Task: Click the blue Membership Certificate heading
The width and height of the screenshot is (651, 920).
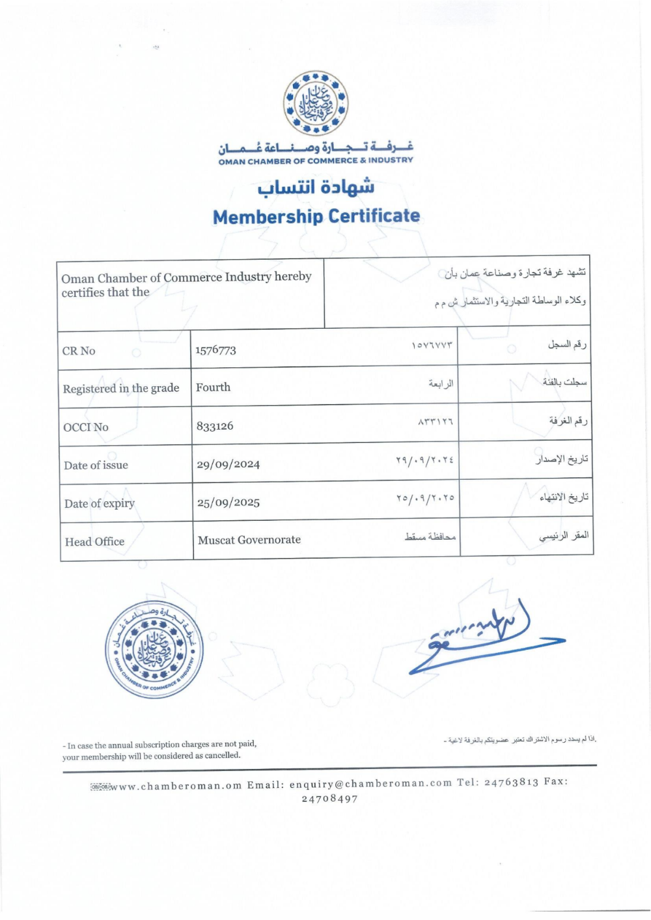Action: pyautogui.click(x=316, y=216)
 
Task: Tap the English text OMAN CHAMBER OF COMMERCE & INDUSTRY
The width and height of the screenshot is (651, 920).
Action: pyautogui.click(x=316, y=161)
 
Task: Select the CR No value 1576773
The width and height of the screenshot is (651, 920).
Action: pyautogui.click(x=215, y=350)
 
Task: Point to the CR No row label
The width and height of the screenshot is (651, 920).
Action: pyautogui.click(x=79, y=351)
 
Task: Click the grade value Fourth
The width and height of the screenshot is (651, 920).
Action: pyautogui.click(x=213, y=387)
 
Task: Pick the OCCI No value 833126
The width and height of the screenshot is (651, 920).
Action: pyautogui.click(x=215, y=426)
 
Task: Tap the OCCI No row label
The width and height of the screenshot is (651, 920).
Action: pyautogui.click(x=86, y=427)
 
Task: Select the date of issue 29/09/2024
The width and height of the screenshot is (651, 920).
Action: pyautogui.click(x=228, y=464)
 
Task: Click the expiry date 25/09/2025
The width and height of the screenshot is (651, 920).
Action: pyautogui.click(x=229, y=503)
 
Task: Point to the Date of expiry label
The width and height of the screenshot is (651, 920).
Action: pyautogui.click(x=100, y=503)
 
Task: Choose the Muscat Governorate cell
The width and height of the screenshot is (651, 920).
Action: pyautogui.click(x=249, y=540)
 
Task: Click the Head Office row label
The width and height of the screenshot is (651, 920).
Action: pyautogui.click(x=94, y=542)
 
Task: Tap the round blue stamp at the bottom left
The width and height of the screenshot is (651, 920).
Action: pyautogui.click(x=154, y=649)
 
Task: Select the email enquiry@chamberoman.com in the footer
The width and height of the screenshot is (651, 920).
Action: pyautogui.click(x=370, y=783)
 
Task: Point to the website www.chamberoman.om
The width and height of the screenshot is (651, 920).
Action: pyautogui.click(x=177, y=786)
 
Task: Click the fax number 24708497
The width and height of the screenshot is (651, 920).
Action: pyautogui.click(x=329, y=799)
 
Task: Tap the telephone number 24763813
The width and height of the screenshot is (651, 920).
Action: pyautogui.click(x=511, y=782)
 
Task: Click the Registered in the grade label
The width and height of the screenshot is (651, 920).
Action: pyautogui.click(x=121, y=389)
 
